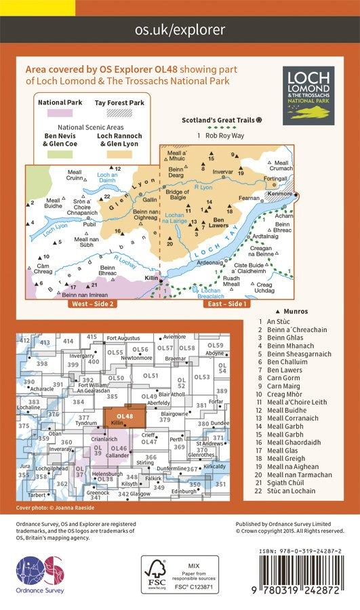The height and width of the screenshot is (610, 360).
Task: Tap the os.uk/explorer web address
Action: coord(180,30)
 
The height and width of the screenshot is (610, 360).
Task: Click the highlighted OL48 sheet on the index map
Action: coord(125,417)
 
